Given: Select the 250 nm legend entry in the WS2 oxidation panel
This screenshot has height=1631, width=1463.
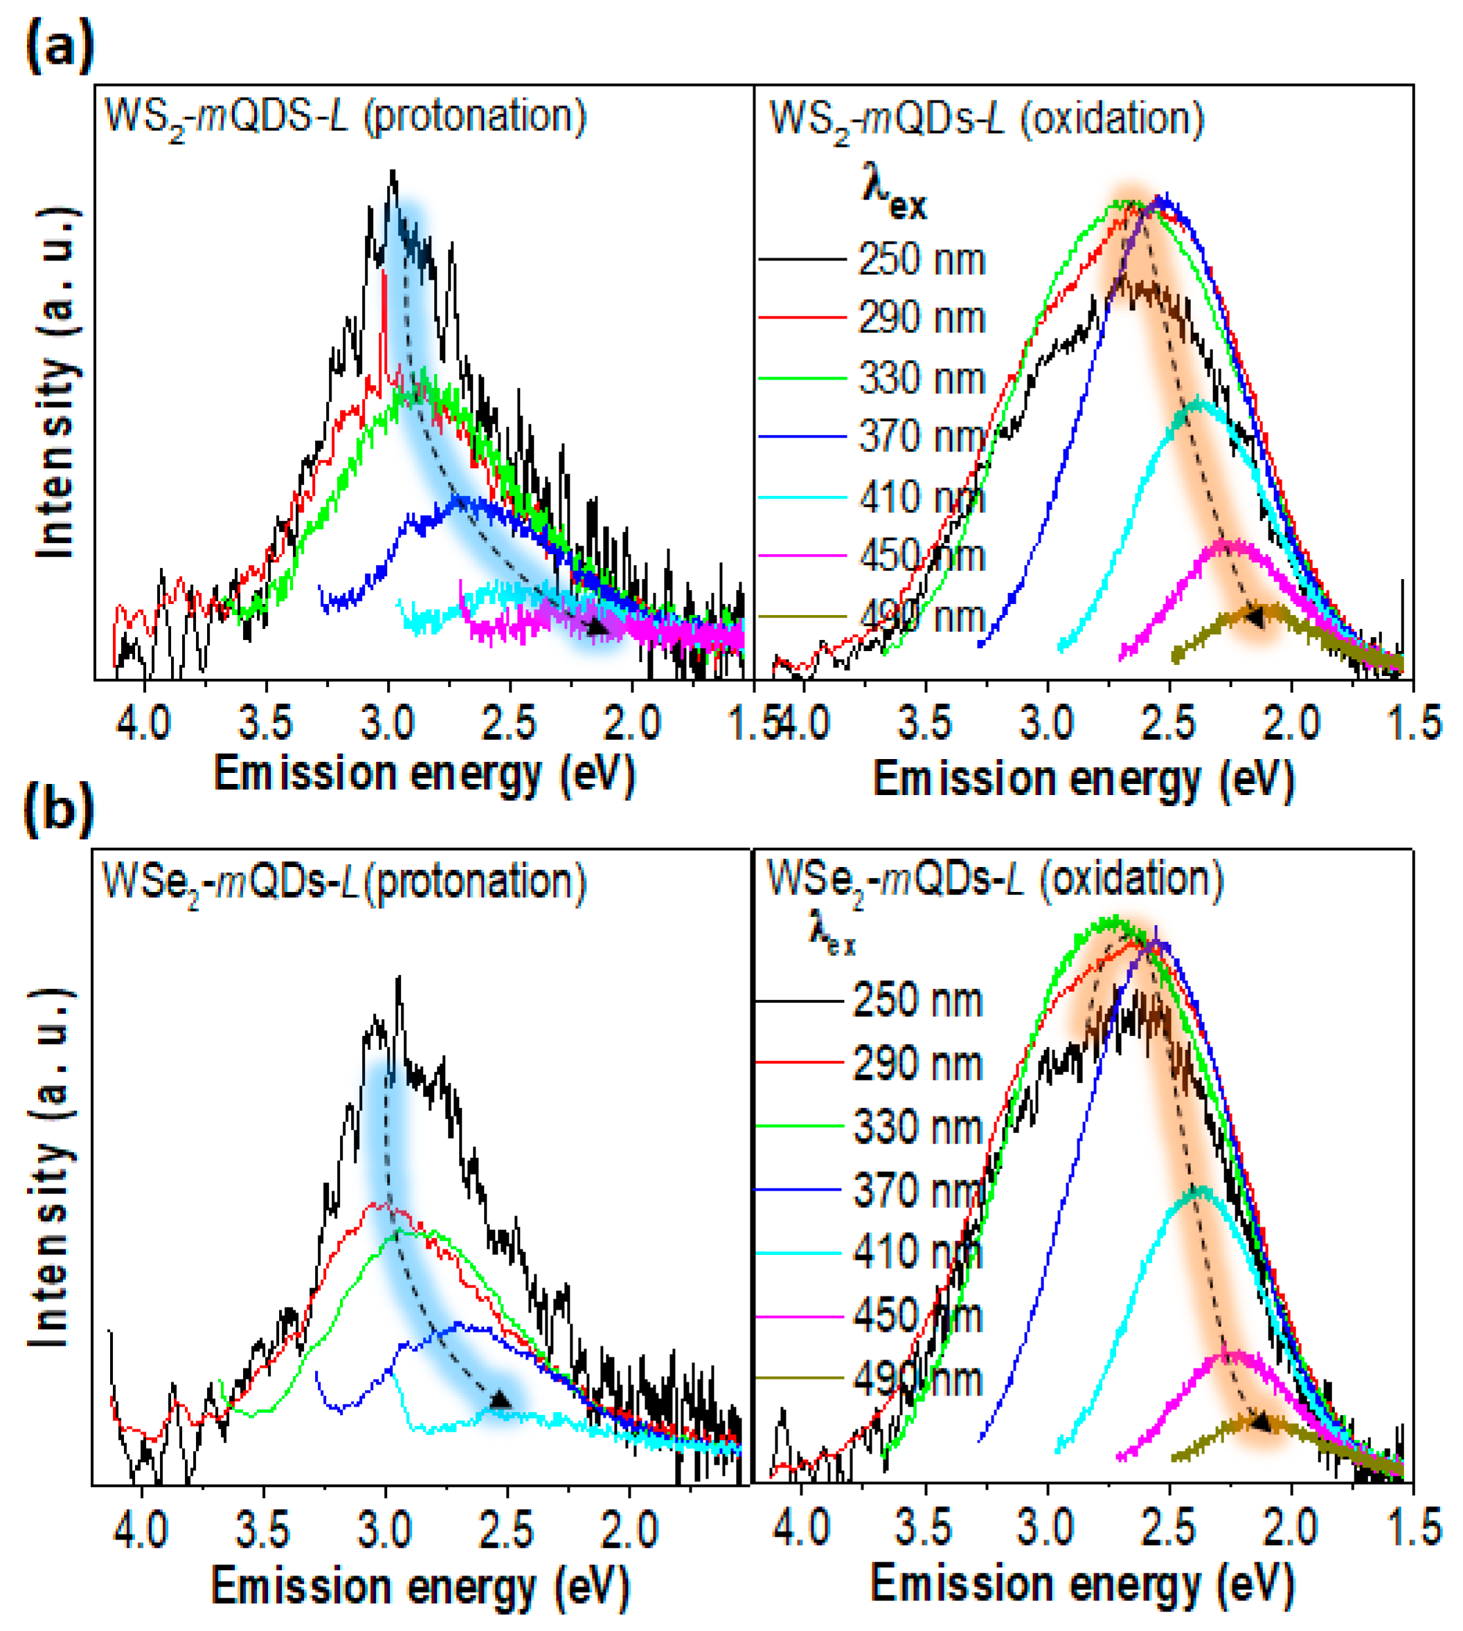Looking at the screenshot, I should pos(921,260).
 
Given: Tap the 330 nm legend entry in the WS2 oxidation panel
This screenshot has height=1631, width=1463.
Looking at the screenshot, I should pos(921,378).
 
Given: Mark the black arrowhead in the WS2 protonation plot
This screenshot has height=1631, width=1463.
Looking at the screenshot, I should pos(596,626).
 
